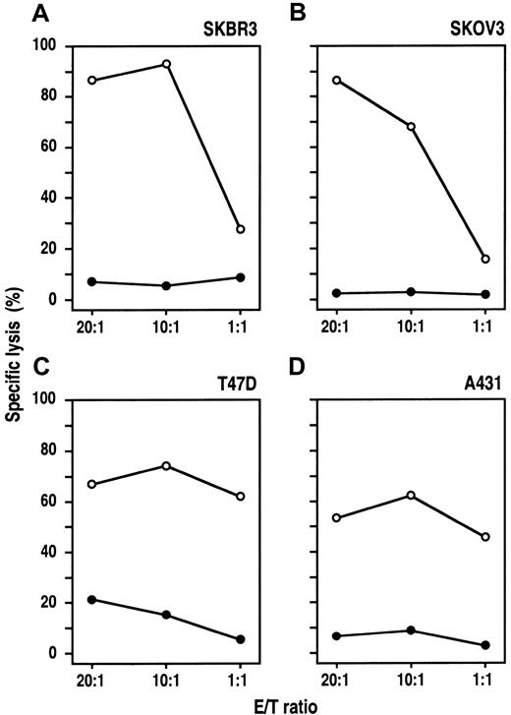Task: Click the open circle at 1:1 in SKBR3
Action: pos(241,229)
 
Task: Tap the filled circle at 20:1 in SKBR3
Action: pos(92,282)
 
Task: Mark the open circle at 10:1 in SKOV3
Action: pos(411,127)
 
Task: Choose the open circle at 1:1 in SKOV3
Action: pos(485,259)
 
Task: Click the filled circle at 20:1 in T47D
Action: pos(92,599)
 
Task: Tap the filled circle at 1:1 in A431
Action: pos(485,645)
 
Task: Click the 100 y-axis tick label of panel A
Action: pos(46,46)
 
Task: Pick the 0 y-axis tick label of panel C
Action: pos(54,653)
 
